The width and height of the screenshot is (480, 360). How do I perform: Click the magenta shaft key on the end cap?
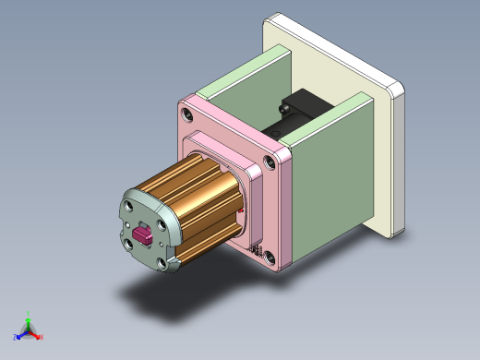click(145, 234)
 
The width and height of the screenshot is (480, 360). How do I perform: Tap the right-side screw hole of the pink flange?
click(272, 161)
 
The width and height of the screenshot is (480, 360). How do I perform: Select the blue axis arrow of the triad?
click(19, 336)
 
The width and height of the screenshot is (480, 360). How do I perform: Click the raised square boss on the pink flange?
click(226, 152)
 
